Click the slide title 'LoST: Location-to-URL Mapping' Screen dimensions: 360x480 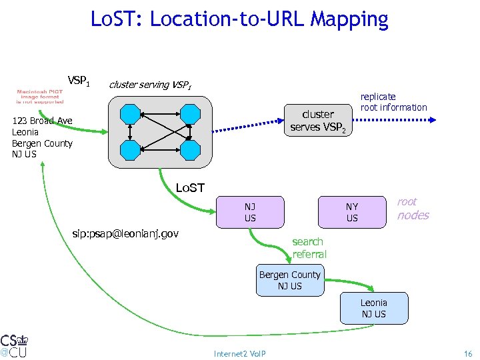pyautogui.click(x=239, y=19)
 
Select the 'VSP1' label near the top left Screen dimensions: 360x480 pyautogui.click(x=79, y=81)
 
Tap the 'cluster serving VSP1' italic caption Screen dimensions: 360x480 pyautogui.click(x=150, y=85)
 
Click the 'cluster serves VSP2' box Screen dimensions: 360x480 pyautogui.click(x=318, y=121)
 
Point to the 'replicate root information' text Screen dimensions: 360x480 pyautogui.click(x=393, y=102)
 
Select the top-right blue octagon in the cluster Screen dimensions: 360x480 pyautogui.click(x=190, y=114)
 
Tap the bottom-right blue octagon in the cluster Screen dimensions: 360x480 pyautogui.click(x=190, y=151)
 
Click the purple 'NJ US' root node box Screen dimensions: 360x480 pyautogui.click(x=250, y=212)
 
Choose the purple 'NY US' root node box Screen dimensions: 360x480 pyautogui.click(x=352, y=212)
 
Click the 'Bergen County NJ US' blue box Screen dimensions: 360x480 pyautogui.click(x=289, y=280)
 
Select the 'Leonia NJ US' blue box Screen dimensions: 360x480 pyautogui.click(x=373, y=308)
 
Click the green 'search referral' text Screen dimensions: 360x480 pyautogui.click(x=309, y=247)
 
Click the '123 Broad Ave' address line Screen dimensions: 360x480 pyautogui.click(x=42, y=121)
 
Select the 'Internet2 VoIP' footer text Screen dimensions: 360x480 pyautogui.click(x=239, y=353)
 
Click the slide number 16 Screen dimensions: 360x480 pyautogui.click(x=467, y=353)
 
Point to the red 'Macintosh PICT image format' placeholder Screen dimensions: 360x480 pyautogui.click(x=41, y=97)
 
